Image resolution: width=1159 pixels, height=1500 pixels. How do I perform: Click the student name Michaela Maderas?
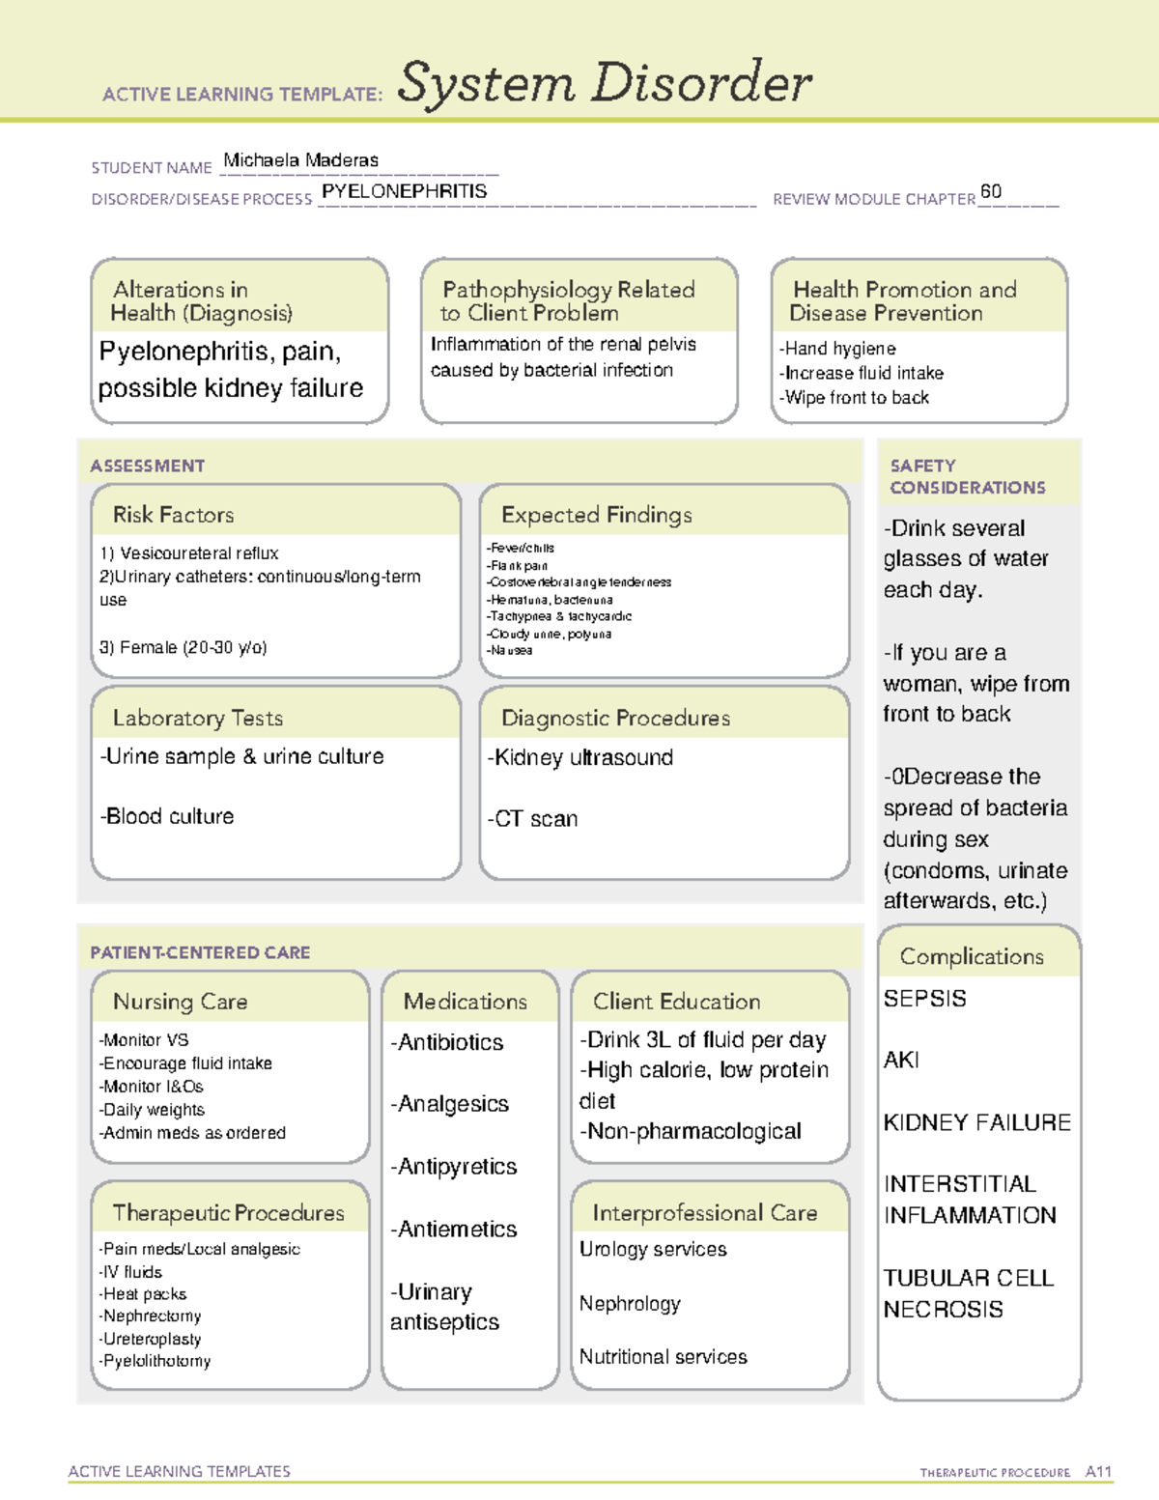pos(300,160)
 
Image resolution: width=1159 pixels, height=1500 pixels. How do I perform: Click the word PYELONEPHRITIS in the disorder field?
pos(404,191)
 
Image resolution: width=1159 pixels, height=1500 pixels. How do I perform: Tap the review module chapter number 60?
pos(990,191)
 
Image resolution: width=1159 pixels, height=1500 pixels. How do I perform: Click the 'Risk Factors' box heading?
pos(173,515)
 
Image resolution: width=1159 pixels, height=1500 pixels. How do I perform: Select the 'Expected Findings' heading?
pos(596,515)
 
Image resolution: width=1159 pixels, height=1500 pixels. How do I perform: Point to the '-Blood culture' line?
pos(167,816)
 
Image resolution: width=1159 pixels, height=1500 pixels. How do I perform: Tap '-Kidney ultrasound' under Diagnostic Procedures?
pos(579,757)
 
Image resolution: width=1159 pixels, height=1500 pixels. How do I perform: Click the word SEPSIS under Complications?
pos(924,999)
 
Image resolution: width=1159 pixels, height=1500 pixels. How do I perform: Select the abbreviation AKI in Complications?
pos(901,1060)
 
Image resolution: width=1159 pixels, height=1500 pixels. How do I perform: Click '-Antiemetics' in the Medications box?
pos(453,1229)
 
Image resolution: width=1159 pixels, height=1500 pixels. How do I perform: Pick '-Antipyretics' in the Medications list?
pos(453,1167)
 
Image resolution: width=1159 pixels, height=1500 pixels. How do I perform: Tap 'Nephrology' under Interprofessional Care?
pos(630,1303)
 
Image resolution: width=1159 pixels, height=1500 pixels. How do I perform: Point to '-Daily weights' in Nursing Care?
pos(152,1110)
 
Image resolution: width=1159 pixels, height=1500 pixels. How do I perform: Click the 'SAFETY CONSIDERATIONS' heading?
pos(967,476)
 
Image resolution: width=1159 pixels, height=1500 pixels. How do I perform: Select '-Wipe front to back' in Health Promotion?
pos(854,397)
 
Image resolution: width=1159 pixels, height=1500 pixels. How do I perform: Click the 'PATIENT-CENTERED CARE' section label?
pos(200,952)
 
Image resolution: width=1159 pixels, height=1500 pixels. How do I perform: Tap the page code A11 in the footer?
pos(1098,1472)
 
